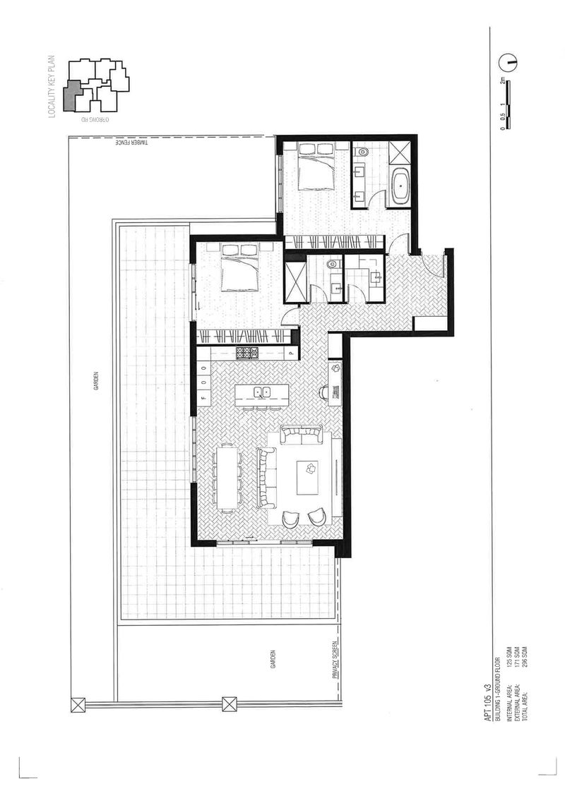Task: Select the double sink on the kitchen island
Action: point(262,392)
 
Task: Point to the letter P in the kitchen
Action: point(289,353)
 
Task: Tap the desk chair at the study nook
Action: point(324,392)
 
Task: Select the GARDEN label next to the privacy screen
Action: point(272,660)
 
